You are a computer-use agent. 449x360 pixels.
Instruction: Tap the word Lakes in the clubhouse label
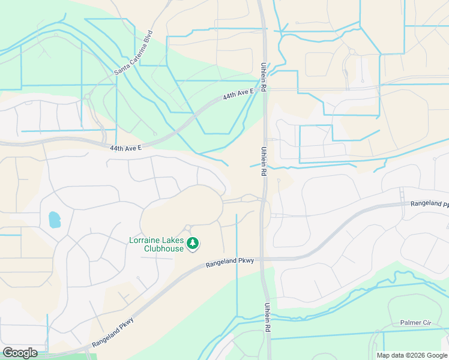point(175,241)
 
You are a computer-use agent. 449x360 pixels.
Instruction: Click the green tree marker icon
point(193,243)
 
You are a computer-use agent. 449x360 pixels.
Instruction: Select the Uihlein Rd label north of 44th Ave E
point(264,77)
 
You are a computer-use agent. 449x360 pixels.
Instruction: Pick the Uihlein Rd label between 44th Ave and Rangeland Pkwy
point(263,161)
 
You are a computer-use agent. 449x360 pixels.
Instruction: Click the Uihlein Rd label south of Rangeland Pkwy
point(267,318)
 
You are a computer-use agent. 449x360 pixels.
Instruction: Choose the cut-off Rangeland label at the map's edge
point(429,204)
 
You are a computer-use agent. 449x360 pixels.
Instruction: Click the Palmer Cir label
point(415,323)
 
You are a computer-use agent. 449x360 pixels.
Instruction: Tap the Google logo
point(20,353)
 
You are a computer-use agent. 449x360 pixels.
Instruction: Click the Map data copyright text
point(411,355)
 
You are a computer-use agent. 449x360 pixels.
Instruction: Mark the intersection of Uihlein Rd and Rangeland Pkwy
point(265,259)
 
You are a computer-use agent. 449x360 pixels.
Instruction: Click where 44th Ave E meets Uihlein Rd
point(262,90)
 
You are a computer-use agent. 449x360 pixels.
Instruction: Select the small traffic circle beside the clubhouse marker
point(188,227)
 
